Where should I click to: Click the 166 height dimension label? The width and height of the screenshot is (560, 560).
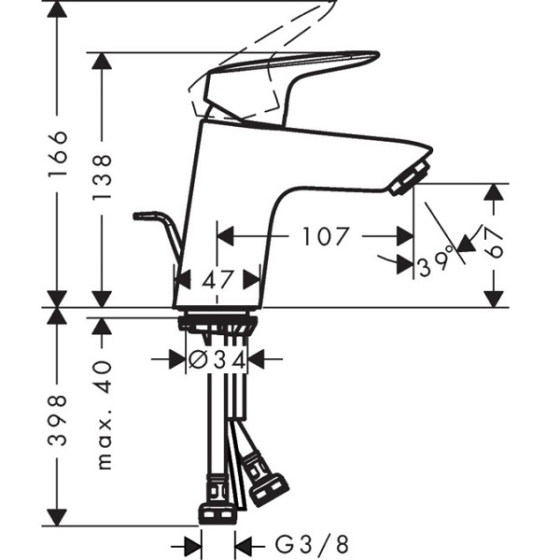point(57,153)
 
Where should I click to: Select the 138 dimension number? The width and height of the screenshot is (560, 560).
point(102,177)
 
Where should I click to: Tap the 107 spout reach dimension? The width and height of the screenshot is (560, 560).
point(325,236)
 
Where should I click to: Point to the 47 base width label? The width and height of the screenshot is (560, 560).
point(217,280)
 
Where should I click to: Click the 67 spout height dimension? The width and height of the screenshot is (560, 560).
point(495,243)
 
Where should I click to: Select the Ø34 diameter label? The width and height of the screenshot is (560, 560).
point(217,359)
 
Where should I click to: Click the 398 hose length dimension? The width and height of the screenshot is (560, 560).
point(57,420)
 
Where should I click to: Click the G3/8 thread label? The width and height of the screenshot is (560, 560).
point(312,545)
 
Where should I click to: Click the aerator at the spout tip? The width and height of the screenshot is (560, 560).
point(410,177)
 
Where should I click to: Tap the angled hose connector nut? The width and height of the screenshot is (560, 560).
point(269,490)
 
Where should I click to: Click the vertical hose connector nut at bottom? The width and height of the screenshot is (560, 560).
point(217,513)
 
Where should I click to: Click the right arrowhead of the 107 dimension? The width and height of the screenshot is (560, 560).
point(405,236)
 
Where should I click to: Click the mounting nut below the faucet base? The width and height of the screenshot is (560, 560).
point(217,322)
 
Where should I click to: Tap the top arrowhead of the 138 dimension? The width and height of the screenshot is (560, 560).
point(102,61)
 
